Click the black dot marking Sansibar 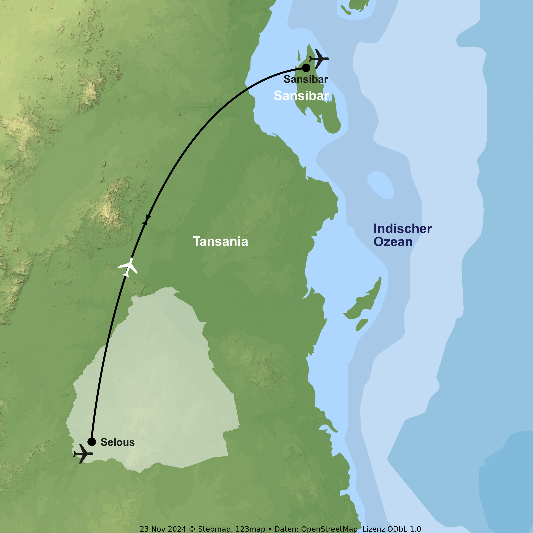pos(306,68)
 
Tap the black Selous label pos(117,442)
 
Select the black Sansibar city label pos(306,79)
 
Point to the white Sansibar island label pos(301,96)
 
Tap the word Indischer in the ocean pos(403,229)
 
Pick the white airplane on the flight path pos(128,267)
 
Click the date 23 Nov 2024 pos(163,529)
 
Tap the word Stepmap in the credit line pos(214,529)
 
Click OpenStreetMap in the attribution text pos(330,529)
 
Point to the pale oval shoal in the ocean pos(380,185)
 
